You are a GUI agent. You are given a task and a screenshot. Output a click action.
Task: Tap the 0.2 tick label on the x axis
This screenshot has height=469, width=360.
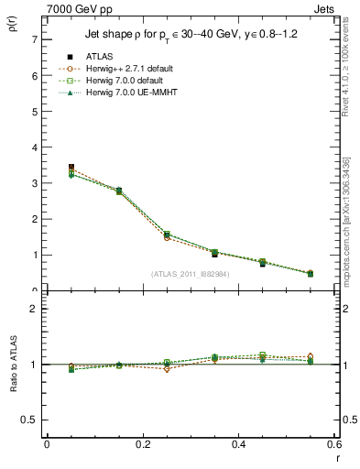[x=142, y=443]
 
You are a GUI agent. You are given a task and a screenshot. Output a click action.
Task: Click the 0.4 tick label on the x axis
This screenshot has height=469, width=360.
[x=238, y=443]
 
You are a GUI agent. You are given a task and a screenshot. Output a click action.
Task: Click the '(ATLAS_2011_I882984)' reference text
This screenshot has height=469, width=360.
[x=190, y=274]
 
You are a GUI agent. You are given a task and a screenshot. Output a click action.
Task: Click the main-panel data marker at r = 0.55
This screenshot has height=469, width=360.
[x=311, y=273]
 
